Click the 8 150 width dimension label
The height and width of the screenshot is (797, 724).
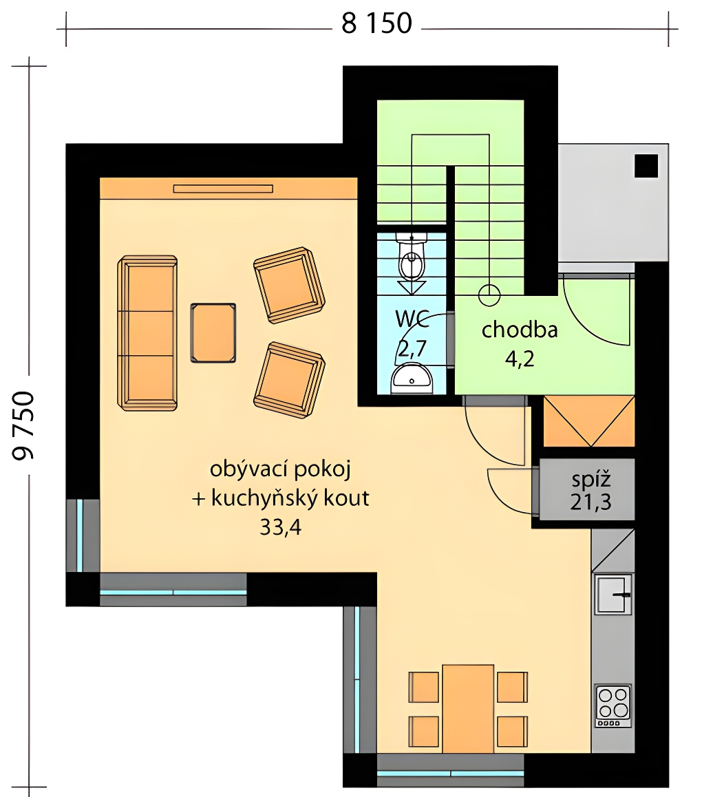click(376, 24)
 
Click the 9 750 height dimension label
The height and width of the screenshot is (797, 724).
click(23, 426)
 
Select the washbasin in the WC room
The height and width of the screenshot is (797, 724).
click(412, 380)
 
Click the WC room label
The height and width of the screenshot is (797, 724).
click(412, 319)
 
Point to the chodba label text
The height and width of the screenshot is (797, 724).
click(520, 330)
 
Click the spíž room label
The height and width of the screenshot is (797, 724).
click(590, 479)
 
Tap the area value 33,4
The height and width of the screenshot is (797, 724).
click(281, 527)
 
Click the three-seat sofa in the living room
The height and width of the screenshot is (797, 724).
click(147, 333)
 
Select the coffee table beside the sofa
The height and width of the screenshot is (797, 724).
click(213, 333)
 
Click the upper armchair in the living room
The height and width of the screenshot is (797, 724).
click(289, 285)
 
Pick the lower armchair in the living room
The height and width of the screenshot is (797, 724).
click(289, 380)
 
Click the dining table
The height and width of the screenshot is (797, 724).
click(468, 708)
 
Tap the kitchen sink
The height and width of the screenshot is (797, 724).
click(614, 594)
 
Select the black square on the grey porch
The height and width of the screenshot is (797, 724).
click(646, 166)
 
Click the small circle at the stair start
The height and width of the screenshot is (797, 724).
click(489, 295)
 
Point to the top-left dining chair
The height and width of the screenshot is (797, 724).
click(424, 687)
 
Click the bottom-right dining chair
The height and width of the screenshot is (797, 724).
click(512, 732)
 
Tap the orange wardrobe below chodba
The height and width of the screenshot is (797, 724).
click(589, 421)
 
